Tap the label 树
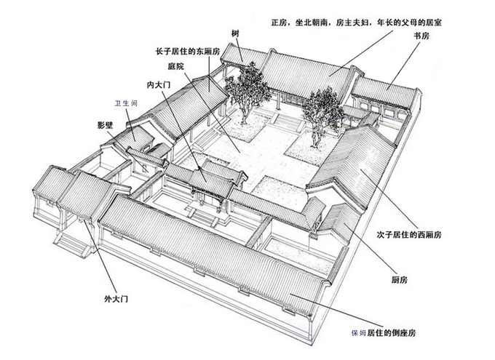pyautogui.click(x=235, y=33)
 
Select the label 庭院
pyautogui.click(x=175, y=66)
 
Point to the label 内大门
pyautogui.click(x=159, y=85)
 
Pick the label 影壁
pyautogui.click(x=104, y=125)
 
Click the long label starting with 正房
pyautogui.click(x=355, y=22)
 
